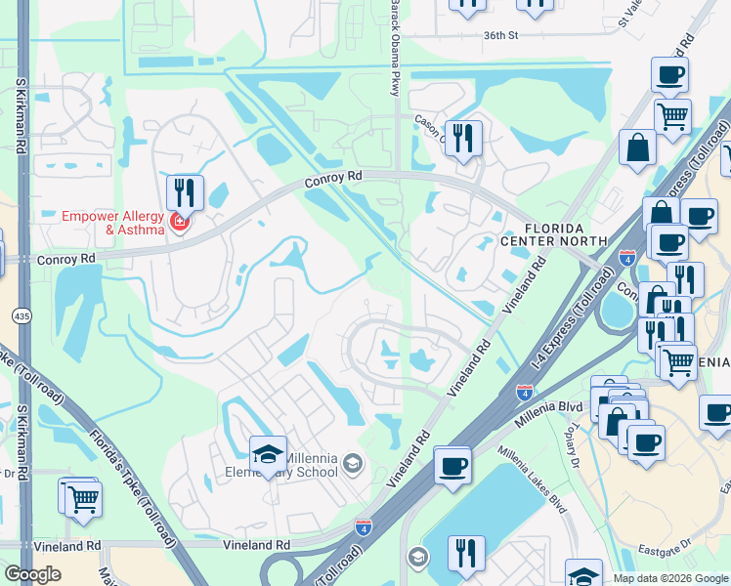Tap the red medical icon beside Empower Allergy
click(178, 222)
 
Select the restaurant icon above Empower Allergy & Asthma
click(185, 191)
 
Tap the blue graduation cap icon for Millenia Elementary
click(268, 454)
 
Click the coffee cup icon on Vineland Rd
click(452, 465)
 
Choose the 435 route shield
click(21, 315)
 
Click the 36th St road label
click(500, 35)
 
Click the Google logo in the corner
click(33, 574)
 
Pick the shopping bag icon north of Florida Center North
click(637, 149)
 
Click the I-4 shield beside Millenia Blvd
click(524, 392)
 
